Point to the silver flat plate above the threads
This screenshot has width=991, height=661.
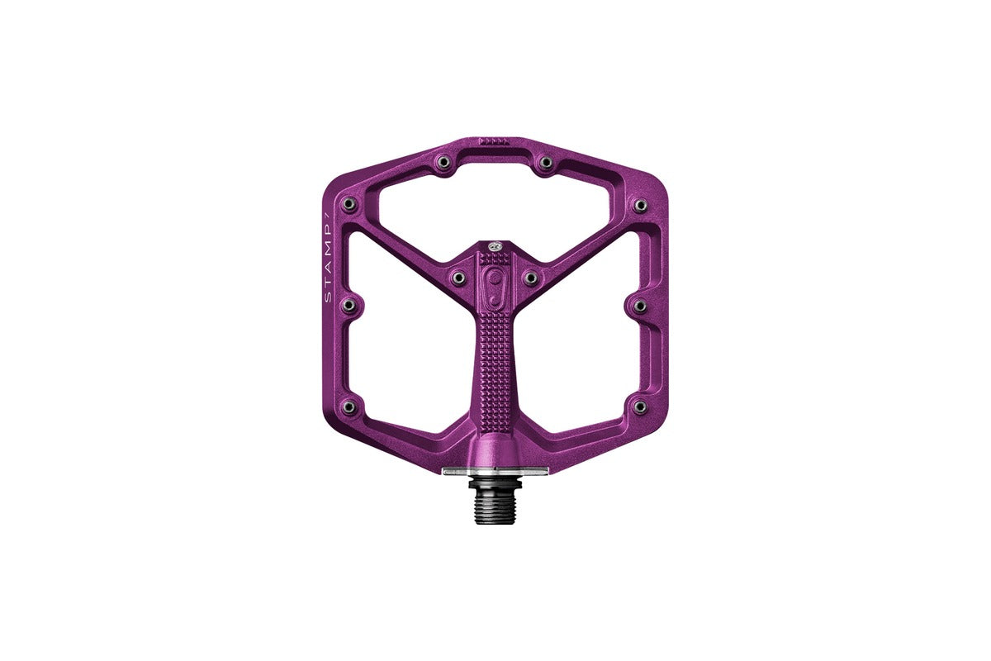495,471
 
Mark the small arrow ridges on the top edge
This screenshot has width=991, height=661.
495,142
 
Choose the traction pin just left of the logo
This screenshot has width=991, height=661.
460,278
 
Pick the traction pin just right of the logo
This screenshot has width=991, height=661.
530,278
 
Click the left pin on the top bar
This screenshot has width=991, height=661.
443,162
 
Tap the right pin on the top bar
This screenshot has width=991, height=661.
547,162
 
